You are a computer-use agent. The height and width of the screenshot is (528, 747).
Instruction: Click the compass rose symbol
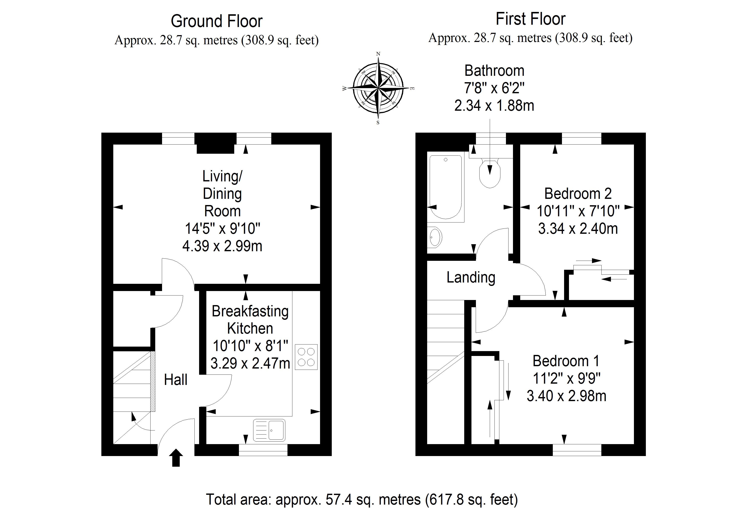coord(378,88)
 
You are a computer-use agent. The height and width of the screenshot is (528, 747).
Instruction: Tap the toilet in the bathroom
coord(490,172)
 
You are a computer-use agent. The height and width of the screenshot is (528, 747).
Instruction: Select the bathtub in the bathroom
coord(446,187)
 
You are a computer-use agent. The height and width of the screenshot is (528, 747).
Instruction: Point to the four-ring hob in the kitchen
coord(306,357)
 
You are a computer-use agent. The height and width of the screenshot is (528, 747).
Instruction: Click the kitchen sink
coord(269,430)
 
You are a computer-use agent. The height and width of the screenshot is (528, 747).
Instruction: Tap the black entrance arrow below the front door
coord(176,458)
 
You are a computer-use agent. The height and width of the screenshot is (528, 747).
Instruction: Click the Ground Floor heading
coord(217,22)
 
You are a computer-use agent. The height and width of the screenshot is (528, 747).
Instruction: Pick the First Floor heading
coord(531,19)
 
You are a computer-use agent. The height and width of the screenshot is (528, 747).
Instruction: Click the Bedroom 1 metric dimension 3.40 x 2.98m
coord(566,396)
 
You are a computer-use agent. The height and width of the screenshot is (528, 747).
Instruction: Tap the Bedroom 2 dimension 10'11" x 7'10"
coord(578,211)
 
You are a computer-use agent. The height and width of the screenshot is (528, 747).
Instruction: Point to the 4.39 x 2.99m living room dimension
coord(222,246)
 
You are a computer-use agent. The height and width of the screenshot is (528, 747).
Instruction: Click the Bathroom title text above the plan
coord(494,71)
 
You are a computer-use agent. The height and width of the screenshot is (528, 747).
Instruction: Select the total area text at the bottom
coord(362,499)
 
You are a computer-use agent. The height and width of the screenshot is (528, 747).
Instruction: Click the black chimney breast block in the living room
coord(215,143)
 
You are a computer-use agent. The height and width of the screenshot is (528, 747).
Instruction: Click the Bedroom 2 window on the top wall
coord(581,139)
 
